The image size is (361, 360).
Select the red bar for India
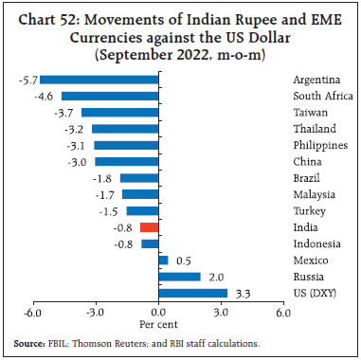coord(150,227)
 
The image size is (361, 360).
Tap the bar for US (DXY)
coord(193,293)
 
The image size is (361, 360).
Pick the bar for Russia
coord(180,277)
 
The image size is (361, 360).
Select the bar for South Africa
coord(111,96)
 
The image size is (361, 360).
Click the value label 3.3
coord(243,293)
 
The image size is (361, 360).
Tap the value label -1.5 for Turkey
coord(111,210)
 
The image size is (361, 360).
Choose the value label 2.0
coord(216,277)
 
